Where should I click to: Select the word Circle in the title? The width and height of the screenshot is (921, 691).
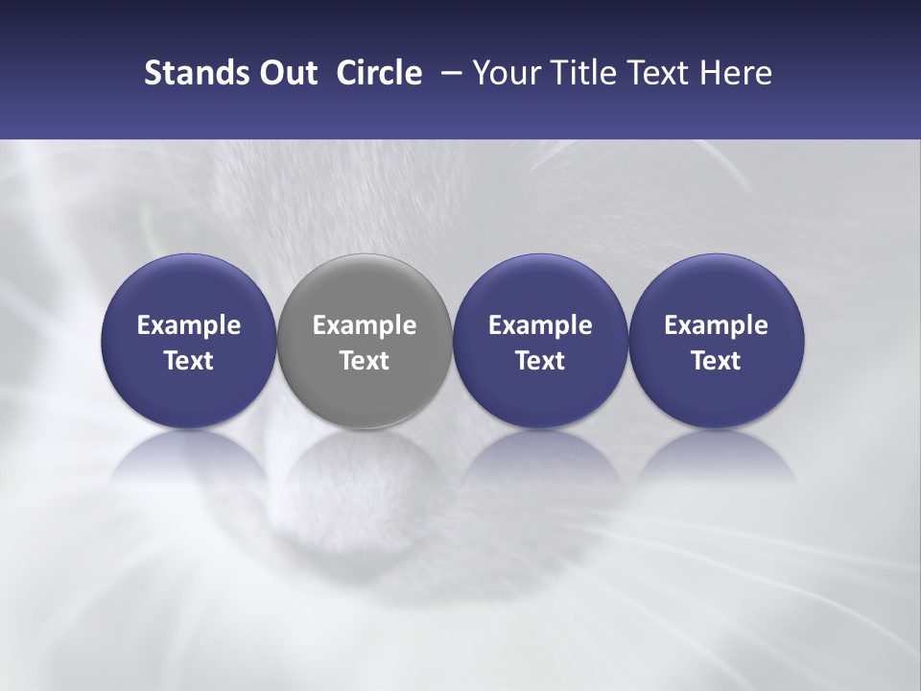379,73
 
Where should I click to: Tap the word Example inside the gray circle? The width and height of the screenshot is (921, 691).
365,325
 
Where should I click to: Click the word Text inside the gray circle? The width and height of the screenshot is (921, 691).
365,361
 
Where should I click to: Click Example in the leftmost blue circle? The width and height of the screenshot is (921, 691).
188,325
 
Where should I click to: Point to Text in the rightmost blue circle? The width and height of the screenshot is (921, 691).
717,361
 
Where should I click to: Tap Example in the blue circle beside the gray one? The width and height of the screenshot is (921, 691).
540,325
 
